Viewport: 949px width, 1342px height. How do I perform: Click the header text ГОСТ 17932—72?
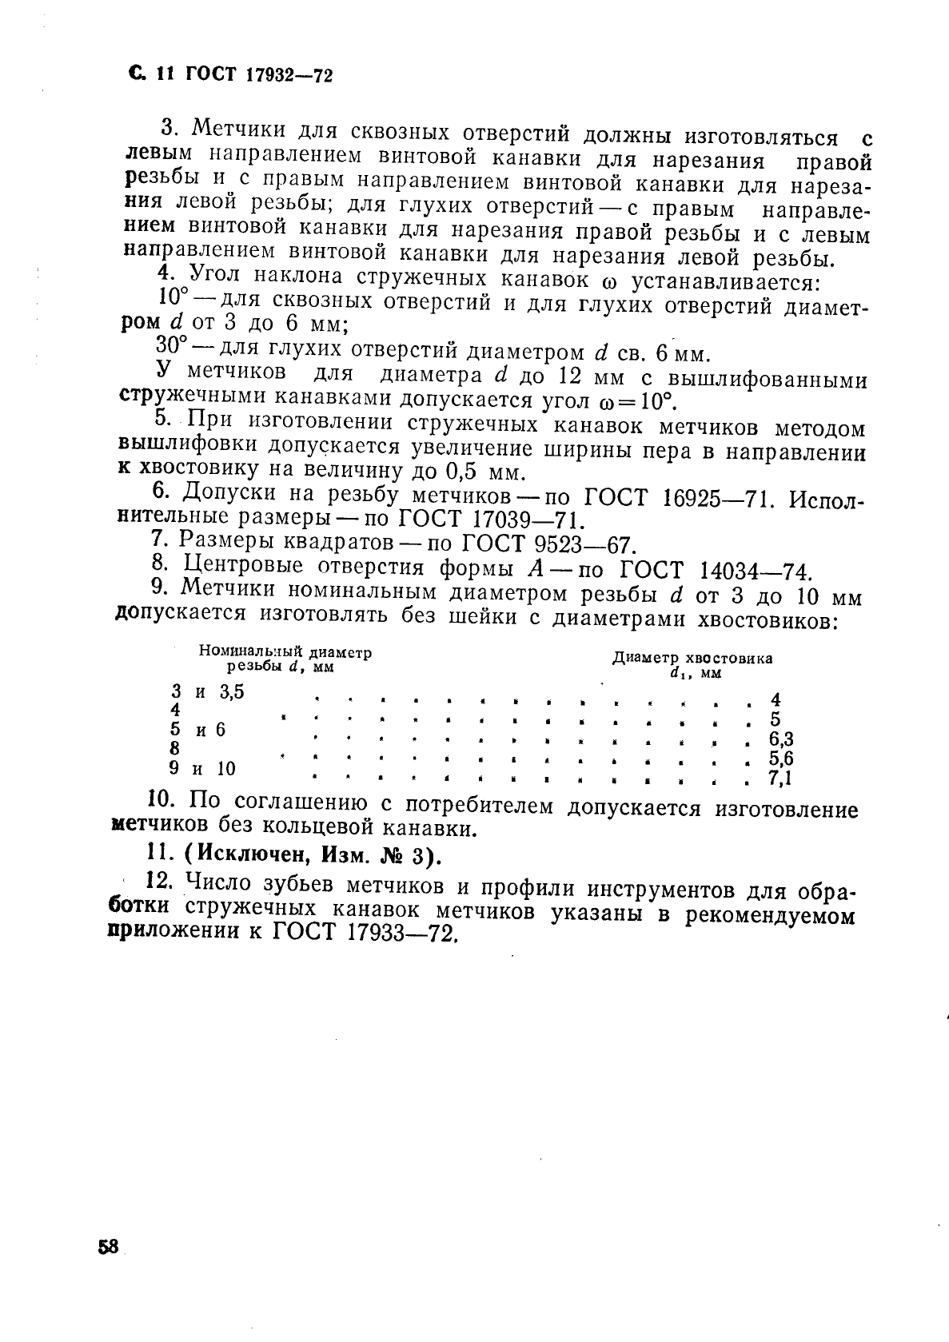(258, 76)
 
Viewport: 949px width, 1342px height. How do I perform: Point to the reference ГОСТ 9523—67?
(548, 545)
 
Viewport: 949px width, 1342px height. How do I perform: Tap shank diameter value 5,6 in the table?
(781, 758)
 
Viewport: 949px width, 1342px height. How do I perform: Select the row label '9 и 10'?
(203, 769)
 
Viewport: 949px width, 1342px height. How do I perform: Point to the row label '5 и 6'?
(198, 729)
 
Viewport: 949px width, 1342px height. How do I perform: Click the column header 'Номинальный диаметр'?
(285, 652)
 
